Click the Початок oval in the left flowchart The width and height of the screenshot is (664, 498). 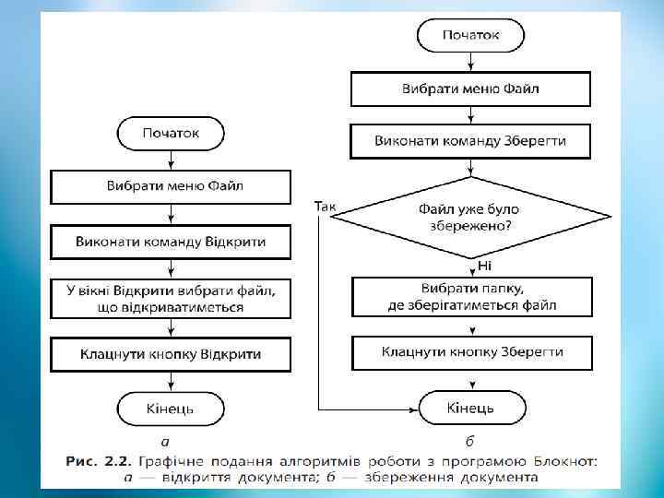[x=171, y=134]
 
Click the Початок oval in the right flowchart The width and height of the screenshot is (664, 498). [x=471, y=36]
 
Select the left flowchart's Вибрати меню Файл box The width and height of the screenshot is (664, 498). [x=171, y=187]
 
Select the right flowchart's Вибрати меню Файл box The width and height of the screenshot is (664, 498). [x=471, y=89]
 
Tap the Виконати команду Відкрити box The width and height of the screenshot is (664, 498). [x=171, y=243]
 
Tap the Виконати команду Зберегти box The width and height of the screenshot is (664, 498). [x=471, y=142]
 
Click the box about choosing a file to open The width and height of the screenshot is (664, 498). [x=171, y=298]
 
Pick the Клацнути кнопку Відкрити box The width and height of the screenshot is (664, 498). [x=171, y=353]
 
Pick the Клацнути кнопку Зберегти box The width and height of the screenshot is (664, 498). [x=471, y=352]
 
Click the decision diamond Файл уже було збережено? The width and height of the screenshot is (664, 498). [x=471, y=216]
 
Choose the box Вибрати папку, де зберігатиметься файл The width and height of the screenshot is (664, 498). [x=471, y=296]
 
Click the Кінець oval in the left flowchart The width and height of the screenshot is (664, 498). [x=171, y=407]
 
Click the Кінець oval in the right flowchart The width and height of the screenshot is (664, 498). [x=471, y=407]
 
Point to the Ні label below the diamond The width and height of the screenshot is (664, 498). [x=484, y=266]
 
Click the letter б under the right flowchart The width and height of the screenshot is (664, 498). [x=471, y=441]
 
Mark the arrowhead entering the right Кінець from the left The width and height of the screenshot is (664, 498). [x=415, y=407]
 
